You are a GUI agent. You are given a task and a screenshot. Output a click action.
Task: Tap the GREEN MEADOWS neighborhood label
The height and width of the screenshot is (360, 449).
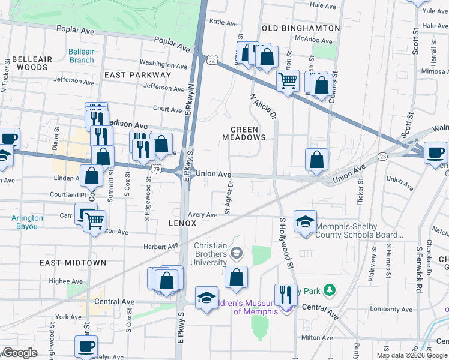click(244, 133)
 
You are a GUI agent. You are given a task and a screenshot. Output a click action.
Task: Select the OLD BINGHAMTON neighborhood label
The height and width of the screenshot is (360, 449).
click(301, 28)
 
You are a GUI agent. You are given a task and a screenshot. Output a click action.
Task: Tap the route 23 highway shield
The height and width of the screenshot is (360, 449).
click(382, 156)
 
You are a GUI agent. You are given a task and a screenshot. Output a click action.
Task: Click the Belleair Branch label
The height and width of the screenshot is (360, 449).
click(81, 56)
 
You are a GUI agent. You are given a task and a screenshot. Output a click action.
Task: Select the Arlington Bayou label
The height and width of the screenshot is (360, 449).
click(27, 222)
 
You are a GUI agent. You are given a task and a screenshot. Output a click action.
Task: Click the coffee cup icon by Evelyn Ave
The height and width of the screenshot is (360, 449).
click(86, 346)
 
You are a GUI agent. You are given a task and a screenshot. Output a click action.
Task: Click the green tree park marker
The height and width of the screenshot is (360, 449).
click(329, 291)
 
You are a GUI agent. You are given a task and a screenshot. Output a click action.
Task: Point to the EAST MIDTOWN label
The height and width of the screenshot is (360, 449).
click(73, 263)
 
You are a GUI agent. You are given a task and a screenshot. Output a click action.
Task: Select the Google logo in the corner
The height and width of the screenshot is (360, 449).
click(20, 353)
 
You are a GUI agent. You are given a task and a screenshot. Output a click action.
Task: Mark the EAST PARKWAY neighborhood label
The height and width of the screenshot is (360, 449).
click(137, 75)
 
